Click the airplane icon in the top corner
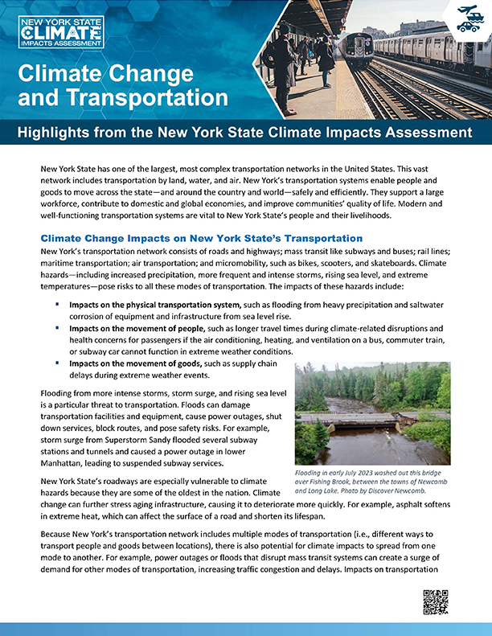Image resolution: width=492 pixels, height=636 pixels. [x=471, y=10]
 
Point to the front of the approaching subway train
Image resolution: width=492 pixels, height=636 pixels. [x=355, y=49]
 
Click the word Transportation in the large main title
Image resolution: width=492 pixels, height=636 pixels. [x=147, y=98]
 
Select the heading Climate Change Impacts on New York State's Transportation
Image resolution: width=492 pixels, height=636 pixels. [x=201, y=239]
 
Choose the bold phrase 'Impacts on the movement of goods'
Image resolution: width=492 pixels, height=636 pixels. [x=133, y=363]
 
